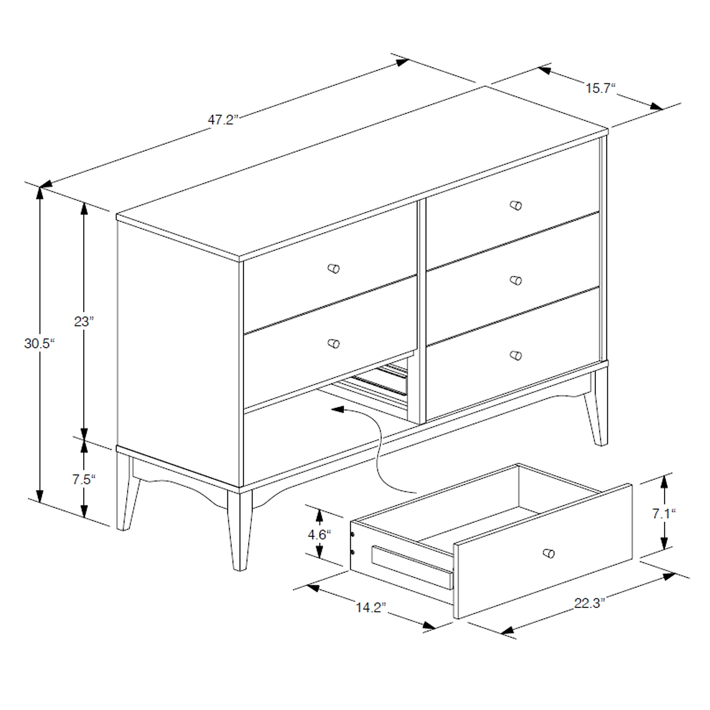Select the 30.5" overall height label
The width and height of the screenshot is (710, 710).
click(x=39, y=344)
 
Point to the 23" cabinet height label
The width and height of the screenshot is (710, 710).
click(x=84, y=322)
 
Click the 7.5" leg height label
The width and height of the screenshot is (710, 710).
click(x=84, y=480)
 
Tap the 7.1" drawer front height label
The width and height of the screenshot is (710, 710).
click(x=664, y=513)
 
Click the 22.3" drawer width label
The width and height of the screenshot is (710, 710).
click(x=589, y=603)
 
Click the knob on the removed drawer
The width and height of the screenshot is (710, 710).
click(x=548, y=553)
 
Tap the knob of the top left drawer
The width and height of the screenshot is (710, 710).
click(x=334, y=269)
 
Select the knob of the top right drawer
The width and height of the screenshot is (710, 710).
click(x=516, y=205)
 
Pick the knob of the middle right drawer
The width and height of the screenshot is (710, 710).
click(x=516, y=280)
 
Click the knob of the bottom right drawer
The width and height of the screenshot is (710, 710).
click(x=516, y=355)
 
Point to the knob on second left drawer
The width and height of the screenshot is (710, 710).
click(x=334, y=344)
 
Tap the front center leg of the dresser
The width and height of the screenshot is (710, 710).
click(x=240, y=529)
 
